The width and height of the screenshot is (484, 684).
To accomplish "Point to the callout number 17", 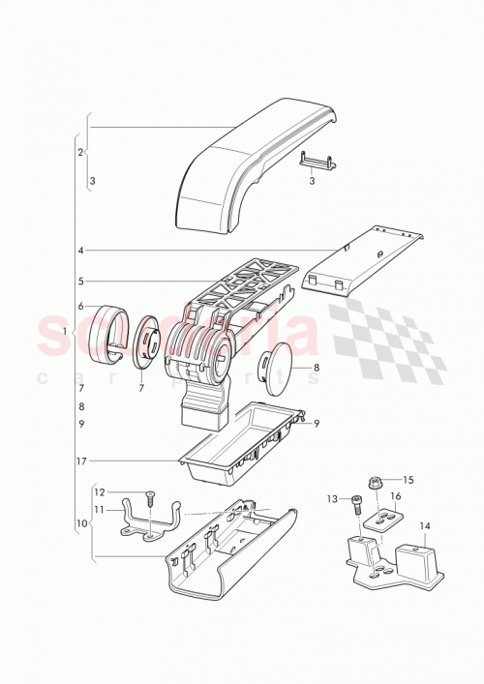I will (80, 461).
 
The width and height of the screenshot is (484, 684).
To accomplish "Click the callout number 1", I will (64, 332).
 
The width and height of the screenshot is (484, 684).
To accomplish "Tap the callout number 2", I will (80, 153).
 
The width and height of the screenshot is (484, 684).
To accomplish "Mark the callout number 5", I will (81, 282).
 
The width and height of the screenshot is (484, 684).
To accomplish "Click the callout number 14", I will (425, 526).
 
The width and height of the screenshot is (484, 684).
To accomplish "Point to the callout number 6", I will (81, 306).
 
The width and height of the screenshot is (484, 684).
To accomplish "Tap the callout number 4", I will (81, 251).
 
